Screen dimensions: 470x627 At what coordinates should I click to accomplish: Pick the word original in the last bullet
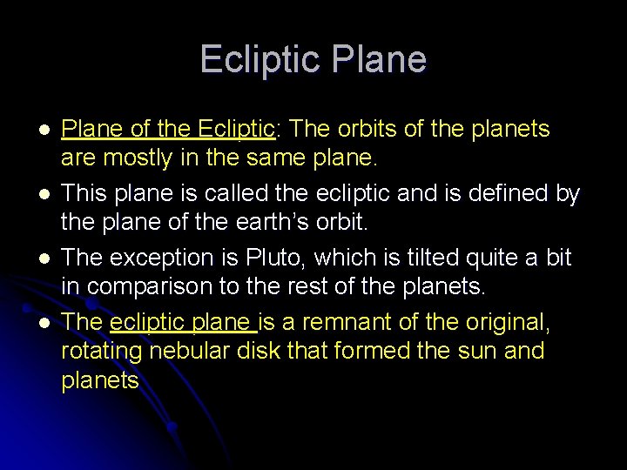[516, 323]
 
